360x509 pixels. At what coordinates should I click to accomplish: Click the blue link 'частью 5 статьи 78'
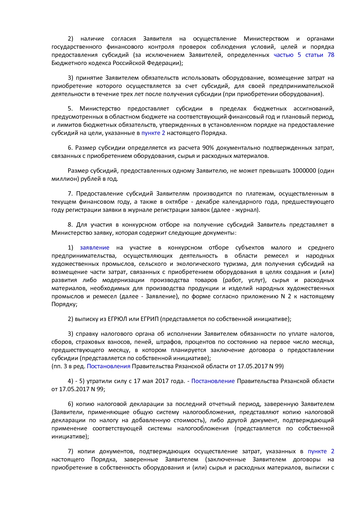[304, 55]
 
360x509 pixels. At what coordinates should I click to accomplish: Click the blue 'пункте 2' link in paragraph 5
[153, 133]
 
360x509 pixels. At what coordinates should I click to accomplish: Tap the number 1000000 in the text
[304, 171]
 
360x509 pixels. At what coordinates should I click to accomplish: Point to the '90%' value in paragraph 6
[208, 148]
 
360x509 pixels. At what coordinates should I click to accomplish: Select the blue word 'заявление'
[95, 248]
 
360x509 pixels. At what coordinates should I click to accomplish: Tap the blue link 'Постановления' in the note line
[109, 366]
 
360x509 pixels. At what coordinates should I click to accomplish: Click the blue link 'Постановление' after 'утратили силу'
[213, 381]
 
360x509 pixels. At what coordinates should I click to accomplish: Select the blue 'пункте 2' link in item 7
[321, 451]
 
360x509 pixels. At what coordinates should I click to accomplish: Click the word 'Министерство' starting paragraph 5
[100, 109]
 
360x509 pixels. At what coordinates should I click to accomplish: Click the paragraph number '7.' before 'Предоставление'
[70, 194]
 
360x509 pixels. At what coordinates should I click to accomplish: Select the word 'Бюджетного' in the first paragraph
[67, 63]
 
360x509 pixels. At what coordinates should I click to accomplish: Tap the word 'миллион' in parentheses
[64, 179]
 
